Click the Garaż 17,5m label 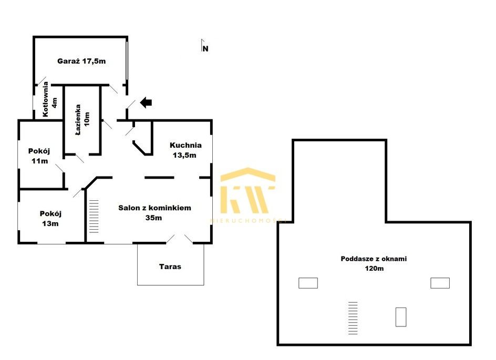click(81, 61)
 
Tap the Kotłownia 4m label click(50, 99)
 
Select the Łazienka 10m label click(82, 120)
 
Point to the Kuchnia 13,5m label click(185, 150)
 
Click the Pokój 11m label click(39, 156)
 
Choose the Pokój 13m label click(50, 219)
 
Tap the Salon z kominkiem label click(154, 208)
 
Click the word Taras click(170, 266)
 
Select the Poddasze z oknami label click(374, 259)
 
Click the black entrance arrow click(146, 102)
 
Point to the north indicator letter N click(205, 49)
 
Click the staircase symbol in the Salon click(94, 217)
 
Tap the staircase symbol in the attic click(353, 318)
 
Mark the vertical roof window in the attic click(401, 317)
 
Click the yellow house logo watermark click(247, 190)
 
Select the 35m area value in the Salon click(154, 218)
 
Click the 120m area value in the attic click(374, 269)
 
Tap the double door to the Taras click(179, 239)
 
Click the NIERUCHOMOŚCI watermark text click(248, 221)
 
